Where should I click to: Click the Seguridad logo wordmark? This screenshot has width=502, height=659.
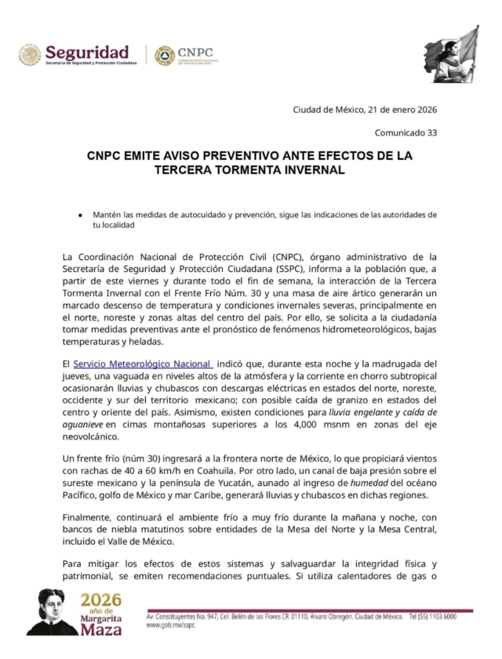click(86, 51)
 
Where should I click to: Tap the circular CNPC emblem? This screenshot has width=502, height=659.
click(165, 55)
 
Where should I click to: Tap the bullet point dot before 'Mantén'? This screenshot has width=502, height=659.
click(80, 215)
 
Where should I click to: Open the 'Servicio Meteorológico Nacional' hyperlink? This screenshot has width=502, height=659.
click(142, 364)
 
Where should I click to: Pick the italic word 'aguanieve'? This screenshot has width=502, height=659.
click(82, 425)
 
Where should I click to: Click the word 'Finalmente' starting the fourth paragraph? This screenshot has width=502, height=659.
click(89, 518)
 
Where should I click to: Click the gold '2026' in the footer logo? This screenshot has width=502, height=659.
click(100, 600)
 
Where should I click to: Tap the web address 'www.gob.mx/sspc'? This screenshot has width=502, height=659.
click(170, 625)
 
